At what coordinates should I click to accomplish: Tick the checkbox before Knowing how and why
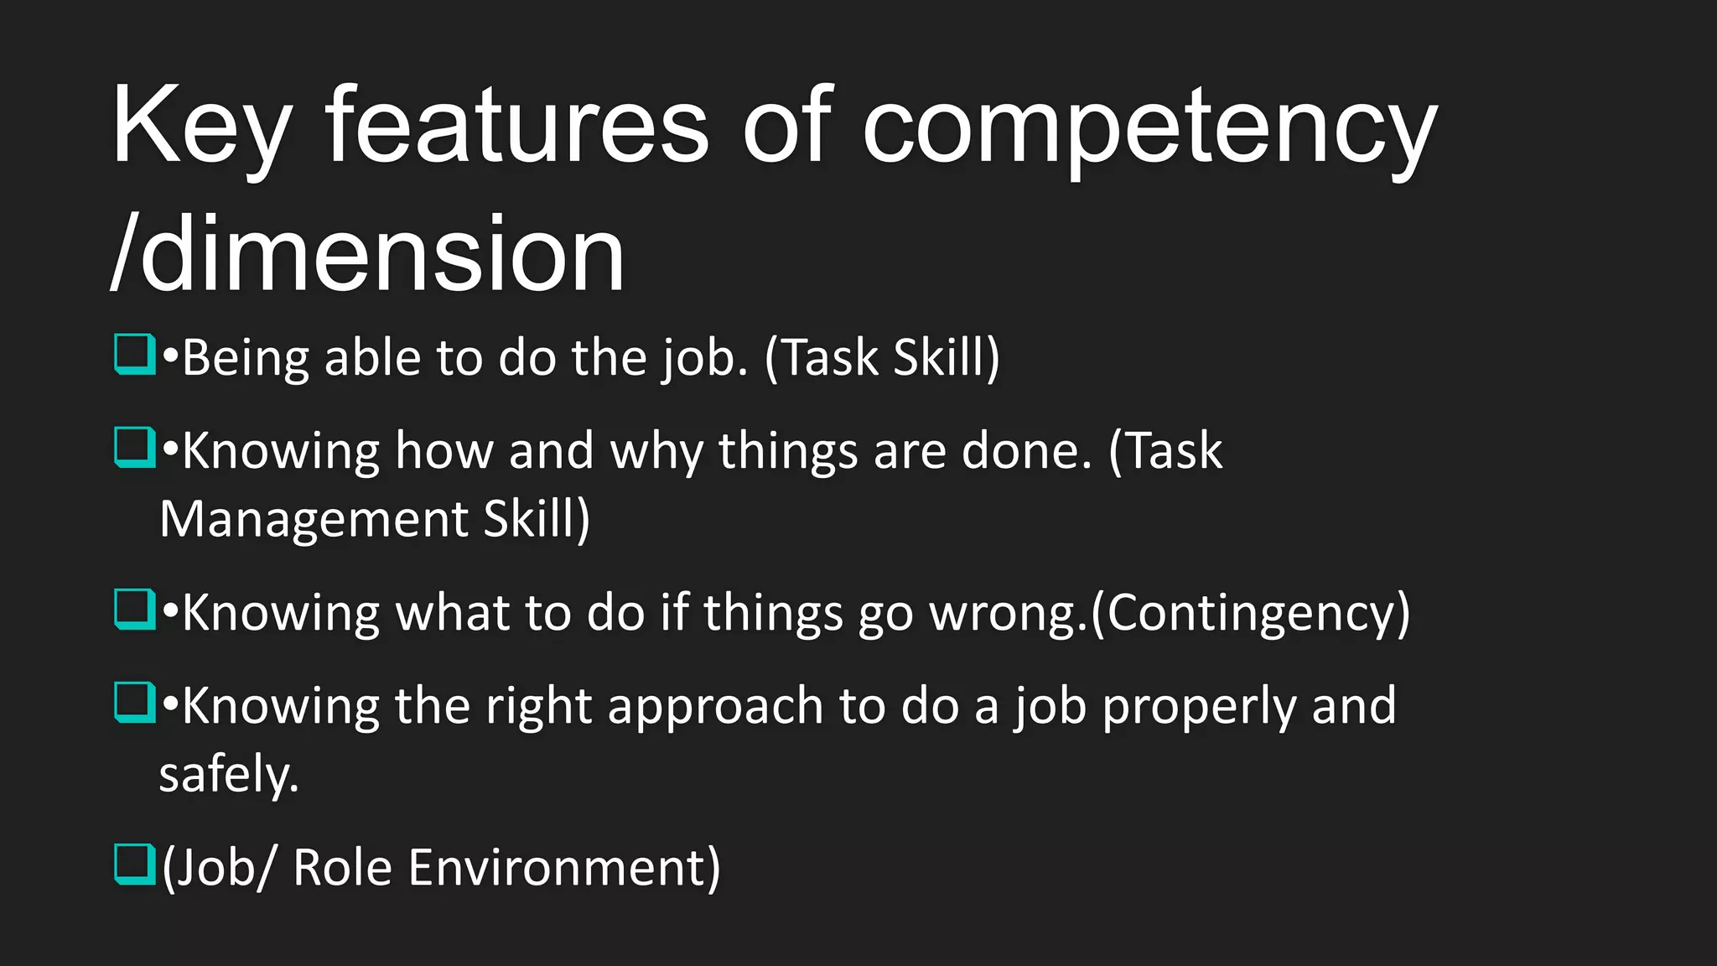coord(134,448)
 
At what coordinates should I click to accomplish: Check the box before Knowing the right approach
coord(134,702)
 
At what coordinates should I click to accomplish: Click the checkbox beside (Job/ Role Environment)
coord(134,865)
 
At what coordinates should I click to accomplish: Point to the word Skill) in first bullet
coord(947,357)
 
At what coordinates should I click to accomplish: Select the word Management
coord(314,519)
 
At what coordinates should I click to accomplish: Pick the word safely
coord(228,773)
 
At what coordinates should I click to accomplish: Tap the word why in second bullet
coord(656,451)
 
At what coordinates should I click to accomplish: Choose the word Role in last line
coord(342,867)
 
